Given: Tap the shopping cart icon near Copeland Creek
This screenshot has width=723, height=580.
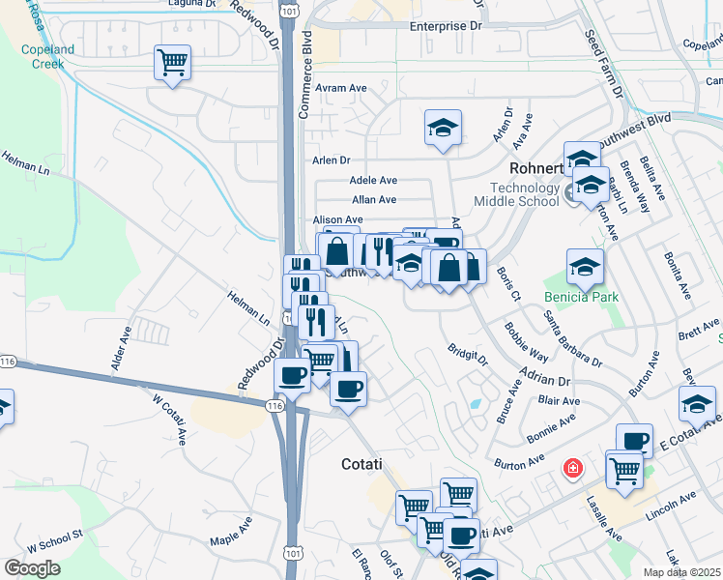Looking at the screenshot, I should coord(172,64).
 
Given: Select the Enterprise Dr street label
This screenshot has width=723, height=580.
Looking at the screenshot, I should coord(445,27).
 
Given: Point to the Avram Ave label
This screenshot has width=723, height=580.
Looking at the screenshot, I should coord(344,88).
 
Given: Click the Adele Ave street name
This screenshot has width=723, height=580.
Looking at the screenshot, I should coord(374,180).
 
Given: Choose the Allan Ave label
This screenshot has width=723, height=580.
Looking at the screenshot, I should coord(374,200).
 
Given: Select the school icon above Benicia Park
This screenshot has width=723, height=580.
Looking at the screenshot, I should coord(585,267).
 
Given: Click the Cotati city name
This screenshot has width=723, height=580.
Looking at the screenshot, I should coord(367,464).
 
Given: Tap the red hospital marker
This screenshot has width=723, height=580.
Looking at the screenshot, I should coord(573,469).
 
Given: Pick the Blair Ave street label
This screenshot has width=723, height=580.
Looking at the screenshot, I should coord(560,400).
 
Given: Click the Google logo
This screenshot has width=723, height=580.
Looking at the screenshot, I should coord(32,568).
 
